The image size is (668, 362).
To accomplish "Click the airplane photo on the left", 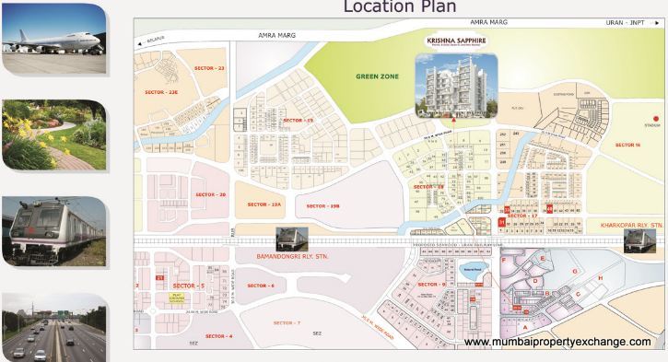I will pos(53,36).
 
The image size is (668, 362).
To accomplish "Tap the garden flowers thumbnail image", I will pos(53,134).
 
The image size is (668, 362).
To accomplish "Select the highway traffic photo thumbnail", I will pos(53,327).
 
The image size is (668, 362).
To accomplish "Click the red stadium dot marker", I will pos(655,118).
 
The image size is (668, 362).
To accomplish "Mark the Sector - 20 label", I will pos(211,194).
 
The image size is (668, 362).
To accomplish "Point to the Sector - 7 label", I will pos(287,322).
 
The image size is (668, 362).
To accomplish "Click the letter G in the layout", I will pos(574,272).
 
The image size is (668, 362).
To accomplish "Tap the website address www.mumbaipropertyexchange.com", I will pos(557,342).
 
